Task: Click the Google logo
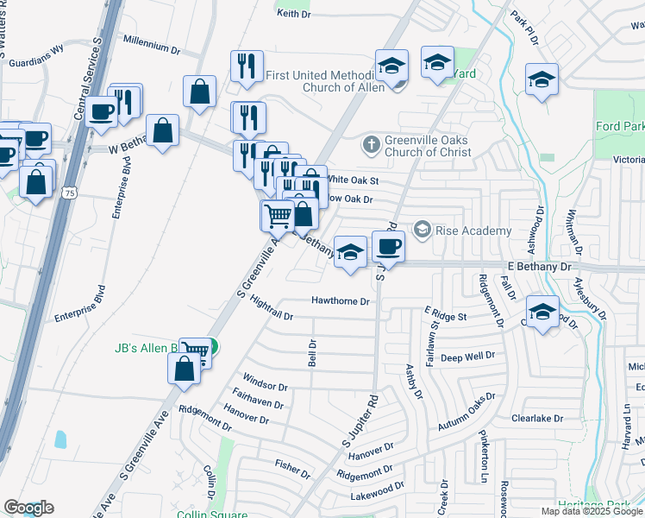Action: point(28,508)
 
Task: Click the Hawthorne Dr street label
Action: point(341,302)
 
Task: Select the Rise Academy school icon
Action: point(423,230)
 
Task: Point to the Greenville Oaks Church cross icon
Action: point(371,143)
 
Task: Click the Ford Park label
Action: point(620,127)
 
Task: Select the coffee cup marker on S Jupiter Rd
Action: point(388,247)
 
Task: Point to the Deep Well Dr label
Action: point(467,357)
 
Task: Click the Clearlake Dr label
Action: point(536,419)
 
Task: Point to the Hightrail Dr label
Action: point(272,309)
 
